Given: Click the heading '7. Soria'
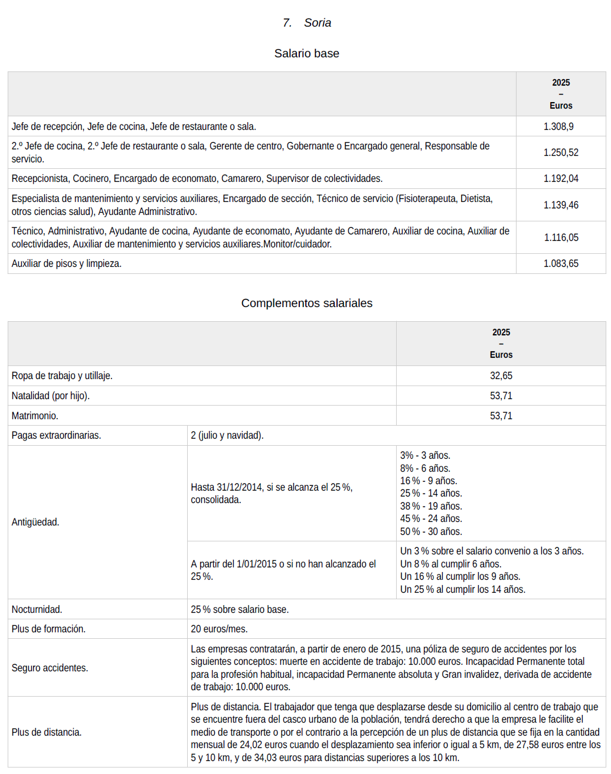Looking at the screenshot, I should pyautogui.click(x=306, y=23).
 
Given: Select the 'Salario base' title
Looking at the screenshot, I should pyautogui.click(x=306, y=54).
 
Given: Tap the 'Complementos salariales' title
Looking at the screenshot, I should pyautogui.click(x=306, y=303).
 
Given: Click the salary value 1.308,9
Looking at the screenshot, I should pyautogui.click(x=558, y=126).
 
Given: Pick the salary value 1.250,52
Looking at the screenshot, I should pyautogui.click(x=561, y=152).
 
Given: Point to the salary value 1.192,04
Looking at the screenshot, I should pyautogui.click(x=561, y=178).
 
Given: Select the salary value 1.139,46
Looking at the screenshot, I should pyautogui.click(x=561, y=205).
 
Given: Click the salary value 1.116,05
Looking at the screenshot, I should pyautogui.click(x=561, y=237).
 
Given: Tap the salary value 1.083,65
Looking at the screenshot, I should pyautogui.click(x=561, y=263).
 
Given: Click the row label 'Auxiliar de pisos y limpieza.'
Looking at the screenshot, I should pyautogui.click(x=67, y=263).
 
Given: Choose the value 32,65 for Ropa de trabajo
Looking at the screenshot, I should pyautogui.click(x=501, y=375).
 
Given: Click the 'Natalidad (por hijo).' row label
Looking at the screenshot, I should pyautogui.click(x=51, y=396).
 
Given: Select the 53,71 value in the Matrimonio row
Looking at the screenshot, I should pyautogui.click(x=501, y=416).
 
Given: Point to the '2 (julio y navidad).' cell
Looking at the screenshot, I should pyautogui.click(x=227, y=435).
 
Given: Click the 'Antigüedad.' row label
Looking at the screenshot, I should pyautogui.click(x=35, y=522).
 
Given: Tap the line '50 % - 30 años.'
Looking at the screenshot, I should pyautogui.click(x=431, y=531).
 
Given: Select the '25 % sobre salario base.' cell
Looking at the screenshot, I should pyautogui.click(x=240, y=609).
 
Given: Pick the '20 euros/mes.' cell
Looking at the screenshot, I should pyautogui.click(x=219, y=629).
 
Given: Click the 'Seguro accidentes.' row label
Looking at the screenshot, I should pyautogui.click(x=50, y=668).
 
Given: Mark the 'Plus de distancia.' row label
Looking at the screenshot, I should pyautogui.click(x=47, y=732).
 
